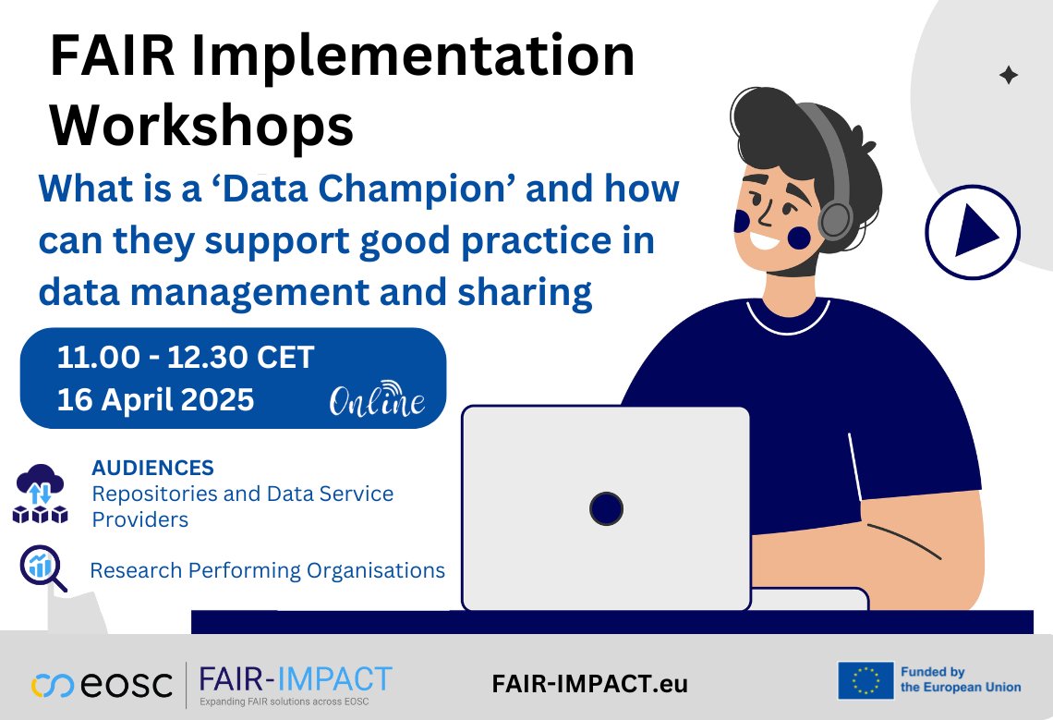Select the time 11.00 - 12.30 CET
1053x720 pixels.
click(x=186, y=357)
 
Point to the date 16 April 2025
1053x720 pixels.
click(x=155, y=399)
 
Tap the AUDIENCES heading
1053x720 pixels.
click(x=152, y=468)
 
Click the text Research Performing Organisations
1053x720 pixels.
click(x=267, y=570)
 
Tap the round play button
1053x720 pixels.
click(x=972, y=231)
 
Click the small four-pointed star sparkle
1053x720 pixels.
click(x=1008, y=76)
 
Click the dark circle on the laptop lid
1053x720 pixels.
click(x=606, y=507)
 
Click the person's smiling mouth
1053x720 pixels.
click(x=768, y=243)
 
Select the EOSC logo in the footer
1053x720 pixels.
click(x=102, y=685)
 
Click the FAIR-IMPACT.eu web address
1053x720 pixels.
click(x=590, y=685)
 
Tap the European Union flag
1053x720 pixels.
click(x=865, y=681)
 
